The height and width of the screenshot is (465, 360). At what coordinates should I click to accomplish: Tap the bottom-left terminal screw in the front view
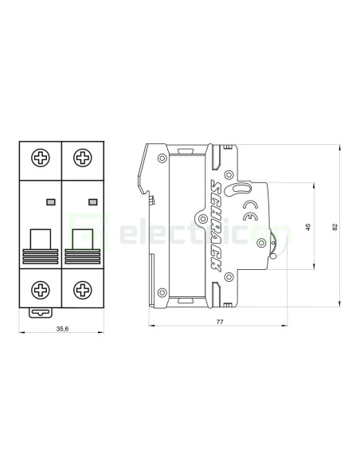[x=40, y=289]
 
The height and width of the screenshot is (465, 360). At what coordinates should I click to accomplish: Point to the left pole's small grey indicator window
[x=51, y=201]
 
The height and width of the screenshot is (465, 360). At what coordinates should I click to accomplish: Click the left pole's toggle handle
[x=40, y=239]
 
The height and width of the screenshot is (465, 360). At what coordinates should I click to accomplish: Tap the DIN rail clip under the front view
[x=40, y=311]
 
